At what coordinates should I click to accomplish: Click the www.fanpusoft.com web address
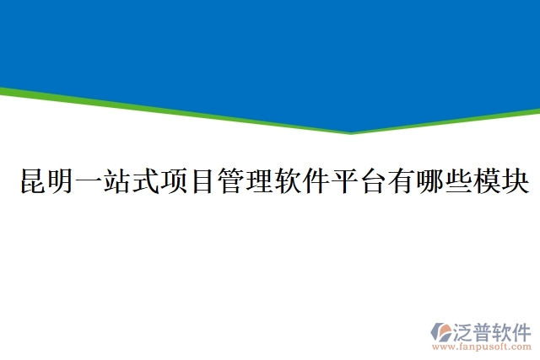click(x=483, y=346)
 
